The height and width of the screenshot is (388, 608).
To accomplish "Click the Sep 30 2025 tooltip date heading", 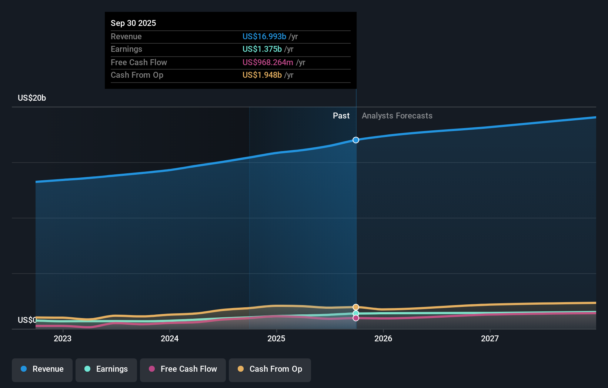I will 133,23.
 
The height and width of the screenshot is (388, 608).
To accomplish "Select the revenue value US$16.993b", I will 264,36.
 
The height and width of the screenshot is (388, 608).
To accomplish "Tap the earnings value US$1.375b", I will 262,49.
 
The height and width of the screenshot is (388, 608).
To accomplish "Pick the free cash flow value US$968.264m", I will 267,62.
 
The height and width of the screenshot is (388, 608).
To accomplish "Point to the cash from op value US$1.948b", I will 262,75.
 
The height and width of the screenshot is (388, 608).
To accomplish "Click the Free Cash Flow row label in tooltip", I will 139,62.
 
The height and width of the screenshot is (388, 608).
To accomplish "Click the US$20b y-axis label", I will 32,98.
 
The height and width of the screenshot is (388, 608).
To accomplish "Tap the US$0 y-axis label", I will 27,320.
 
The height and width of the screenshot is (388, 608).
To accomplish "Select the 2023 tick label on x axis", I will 63,338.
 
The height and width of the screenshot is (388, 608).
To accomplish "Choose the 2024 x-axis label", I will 170,338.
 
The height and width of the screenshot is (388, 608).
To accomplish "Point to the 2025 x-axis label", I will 276,338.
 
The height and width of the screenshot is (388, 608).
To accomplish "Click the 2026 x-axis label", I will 383,338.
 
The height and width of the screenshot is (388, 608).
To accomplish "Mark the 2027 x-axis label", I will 490,338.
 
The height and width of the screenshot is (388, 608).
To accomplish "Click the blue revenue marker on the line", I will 356,140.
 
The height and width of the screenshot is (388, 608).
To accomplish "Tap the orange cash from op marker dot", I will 356,307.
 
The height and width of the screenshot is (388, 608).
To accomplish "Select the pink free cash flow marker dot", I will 356,318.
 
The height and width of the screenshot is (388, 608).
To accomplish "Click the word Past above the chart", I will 341,116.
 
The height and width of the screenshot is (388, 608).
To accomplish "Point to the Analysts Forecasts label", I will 397,116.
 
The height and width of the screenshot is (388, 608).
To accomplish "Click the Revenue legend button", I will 42,369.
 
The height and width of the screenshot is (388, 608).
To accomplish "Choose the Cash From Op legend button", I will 270,369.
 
